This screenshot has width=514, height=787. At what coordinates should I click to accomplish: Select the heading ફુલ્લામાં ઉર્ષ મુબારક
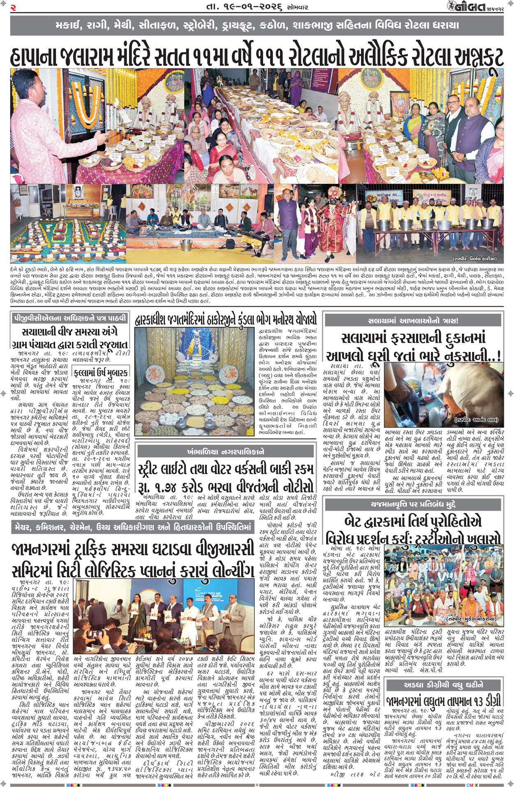coord(100,373)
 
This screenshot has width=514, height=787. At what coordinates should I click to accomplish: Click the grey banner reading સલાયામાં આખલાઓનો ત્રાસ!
coord(413,320)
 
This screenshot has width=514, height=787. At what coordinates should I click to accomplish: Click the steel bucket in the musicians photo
coord(186,245)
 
